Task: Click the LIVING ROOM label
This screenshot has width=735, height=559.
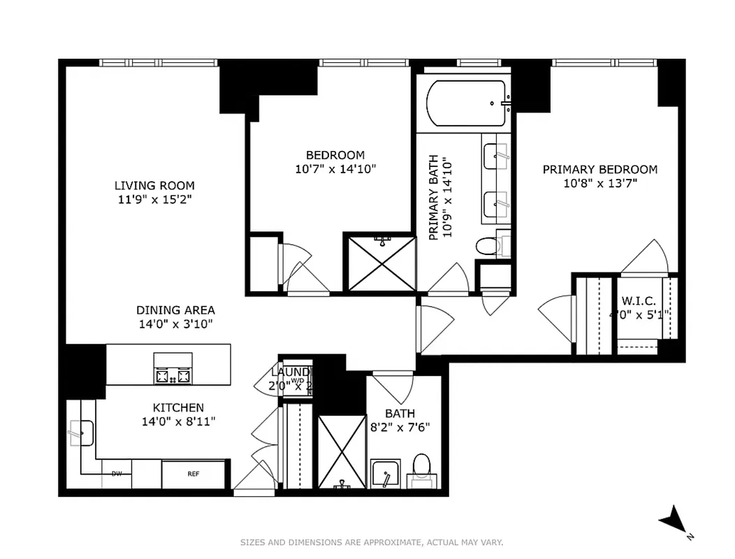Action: pos(154,186)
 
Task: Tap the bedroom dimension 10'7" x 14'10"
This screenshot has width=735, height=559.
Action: pos(335,169)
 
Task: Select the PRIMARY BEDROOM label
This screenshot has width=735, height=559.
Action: pos(599,169)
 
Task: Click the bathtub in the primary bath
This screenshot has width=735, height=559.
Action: pos(465,103)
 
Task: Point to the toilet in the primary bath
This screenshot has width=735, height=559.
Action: pos(488,246)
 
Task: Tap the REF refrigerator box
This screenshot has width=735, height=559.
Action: pos(194,474)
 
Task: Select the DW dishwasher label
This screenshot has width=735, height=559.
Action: pos(117,474)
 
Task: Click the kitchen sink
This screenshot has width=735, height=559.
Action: pos(81,433)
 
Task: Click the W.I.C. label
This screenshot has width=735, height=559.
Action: pos(638,301)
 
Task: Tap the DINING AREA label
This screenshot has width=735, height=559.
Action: pos(175,310)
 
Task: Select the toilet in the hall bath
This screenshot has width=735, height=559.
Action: pos(421,468)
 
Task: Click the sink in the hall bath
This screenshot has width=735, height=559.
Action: pos(385,475)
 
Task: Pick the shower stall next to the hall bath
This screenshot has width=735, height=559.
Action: pos(342,452)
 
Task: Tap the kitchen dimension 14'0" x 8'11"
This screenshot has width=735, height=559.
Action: pos(179,421)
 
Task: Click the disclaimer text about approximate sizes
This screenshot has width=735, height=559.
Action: pos(371,542)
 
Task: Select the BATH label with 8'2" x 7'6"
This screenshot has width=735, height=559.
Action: pos(399,414)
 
